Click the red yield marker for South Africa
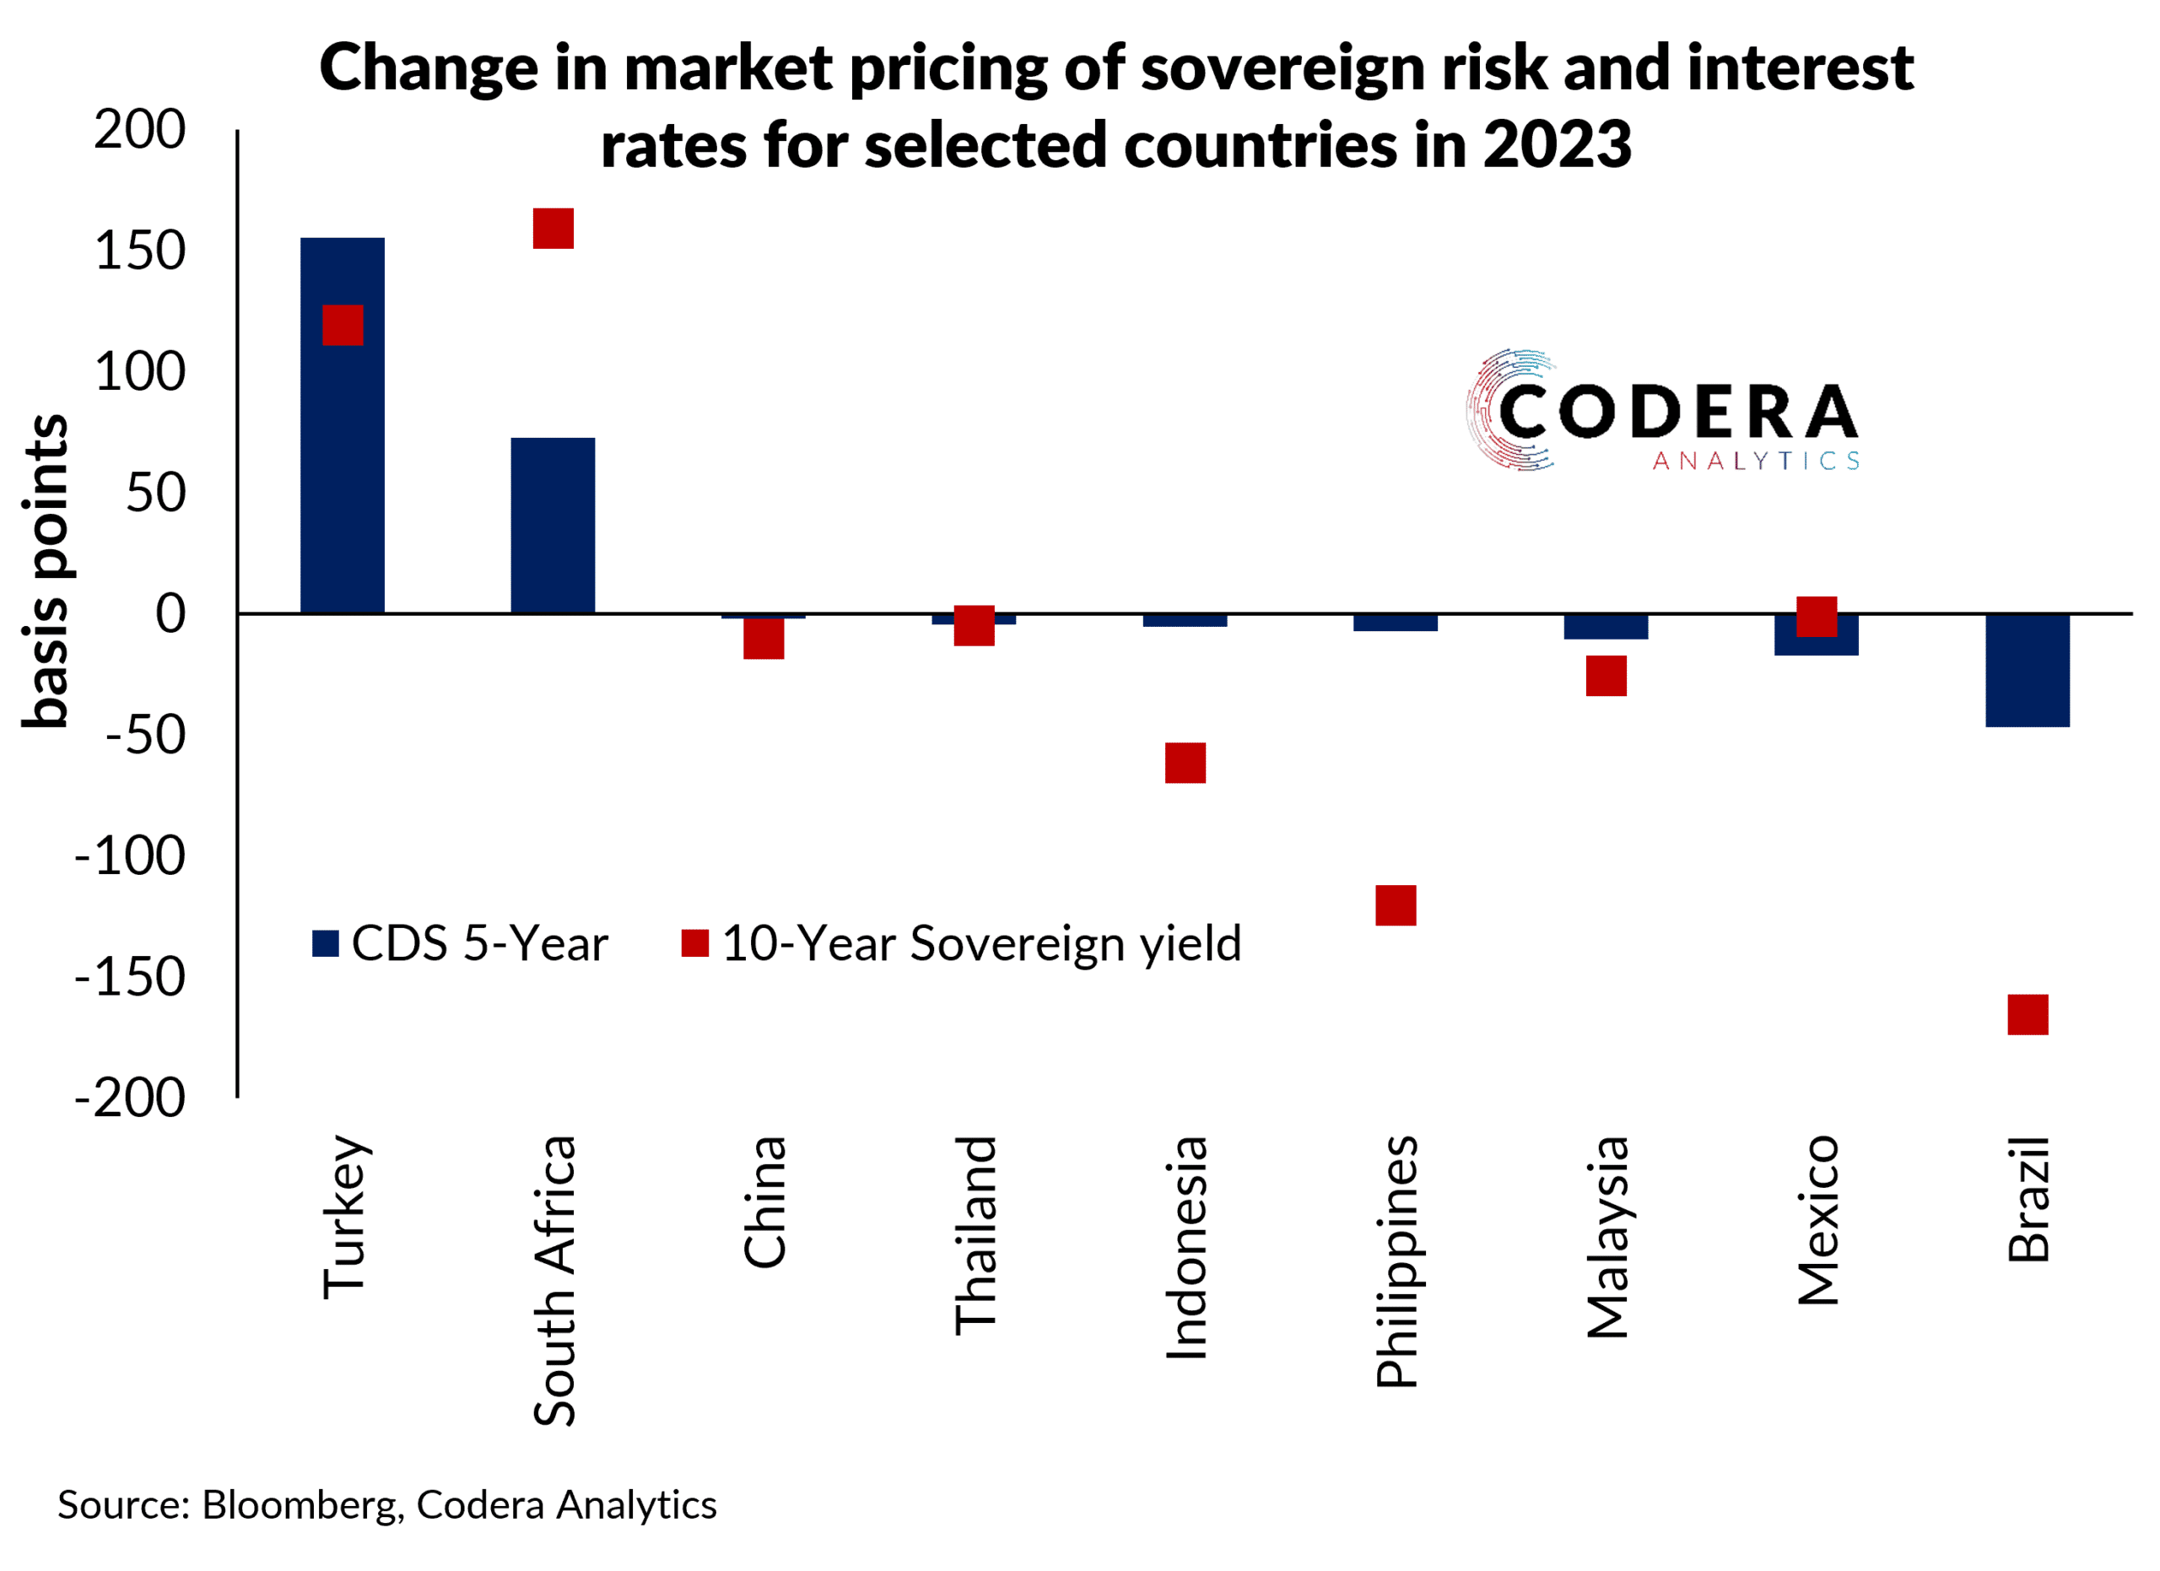point(553,229)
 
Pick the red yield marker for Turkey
point(343,326)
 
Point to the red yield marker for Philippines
point(1396,905)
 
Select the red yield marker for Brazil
point(2028,1015)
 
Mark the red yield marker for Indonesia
point(1185,764)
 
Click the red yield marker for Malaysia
point(1606,676)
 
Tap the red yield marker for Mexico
point(1817,617)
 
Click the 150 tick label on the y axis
point(140,252)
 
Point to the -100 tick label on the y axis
point(131,857)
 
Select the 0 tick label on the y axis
point(170,614)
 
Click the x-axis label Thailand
point(975,1236)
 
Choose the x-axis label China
point(764,1201)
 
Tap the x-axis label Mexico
point(1817,1221)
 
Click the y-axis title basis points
point(46,571)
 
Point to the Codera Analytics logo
point(1662,412)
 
